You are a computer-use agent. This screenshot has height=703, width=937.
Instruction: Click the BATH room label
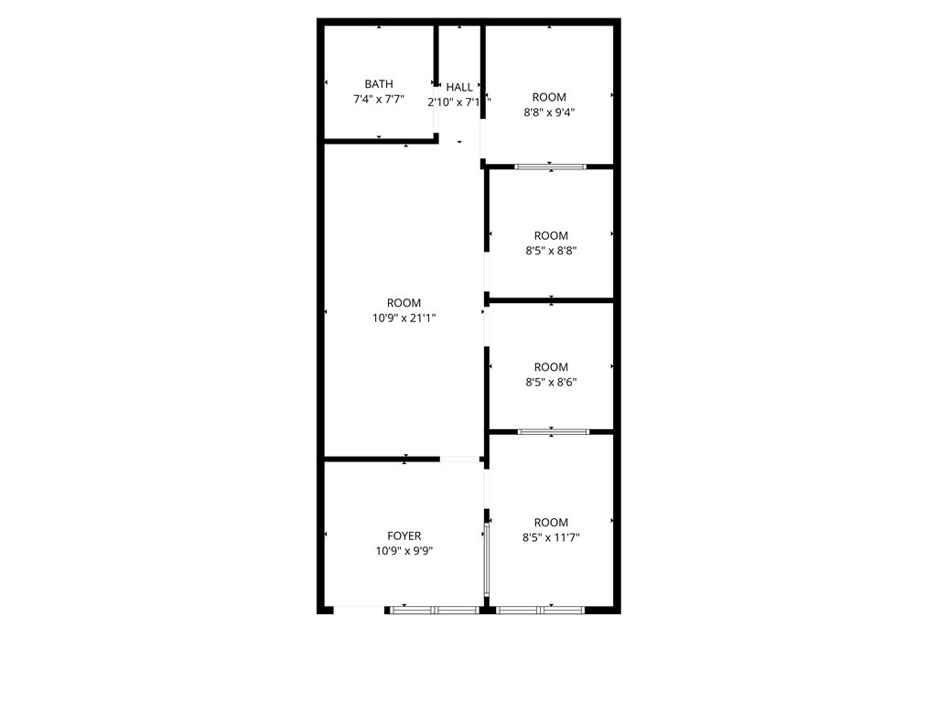(x=379, y=84)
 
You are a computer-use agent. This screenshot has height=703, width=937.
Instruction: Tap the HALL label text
(x=459, y=87)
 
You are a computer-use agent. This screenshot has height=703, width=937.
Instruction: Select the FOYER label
(x=404, y=536)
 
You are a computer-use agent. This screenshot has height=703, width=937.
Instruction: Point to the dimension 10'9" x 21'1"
(x=404, y=319)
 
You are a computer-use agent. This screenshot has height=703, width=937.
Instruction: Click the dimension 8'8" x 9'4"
(x=549, y=113)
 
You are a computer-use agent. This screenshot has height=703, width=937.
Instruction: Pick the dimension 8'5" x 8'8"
(x=551, y=251)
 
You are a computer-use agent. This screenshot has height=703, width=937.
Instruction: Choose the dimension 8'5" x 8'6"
(x=551, y=383)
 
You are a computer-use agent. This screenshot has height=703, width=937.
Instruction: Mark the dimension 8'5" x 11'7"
(x=551, y=538)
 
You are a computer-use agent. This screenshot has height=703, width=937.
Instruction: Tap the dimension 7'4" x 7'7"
(x=379, y=99)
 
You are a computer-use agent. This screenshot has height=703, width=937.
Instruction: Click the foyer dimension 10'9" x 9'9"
(x=404, y=551)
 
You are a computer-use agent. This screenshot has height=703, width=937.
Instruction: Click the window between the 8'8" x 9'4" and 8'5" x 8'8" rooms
(x=549, y=167)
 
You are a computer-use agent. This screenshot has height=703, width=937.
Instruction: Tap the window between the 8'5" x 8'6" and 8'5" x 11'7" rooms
(x=553, y=431)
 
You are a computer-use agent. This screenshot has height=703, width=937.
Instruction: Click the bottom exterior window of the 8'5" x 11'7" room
(x=540, y=609)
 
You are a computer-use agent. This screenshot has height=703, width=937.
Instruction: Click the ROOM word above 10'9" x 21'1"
(x=404, y=303)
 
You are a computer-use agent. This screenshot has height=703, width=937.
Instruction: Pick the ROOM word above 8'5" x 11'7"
(x=551, y=523)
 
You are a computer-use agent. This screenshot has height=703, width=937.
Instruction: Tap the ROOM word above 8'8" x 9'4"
(x=549, y=97)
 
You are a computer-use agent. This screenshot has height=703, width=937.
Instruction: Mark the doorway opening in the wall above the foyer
(x=460, y=459)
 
